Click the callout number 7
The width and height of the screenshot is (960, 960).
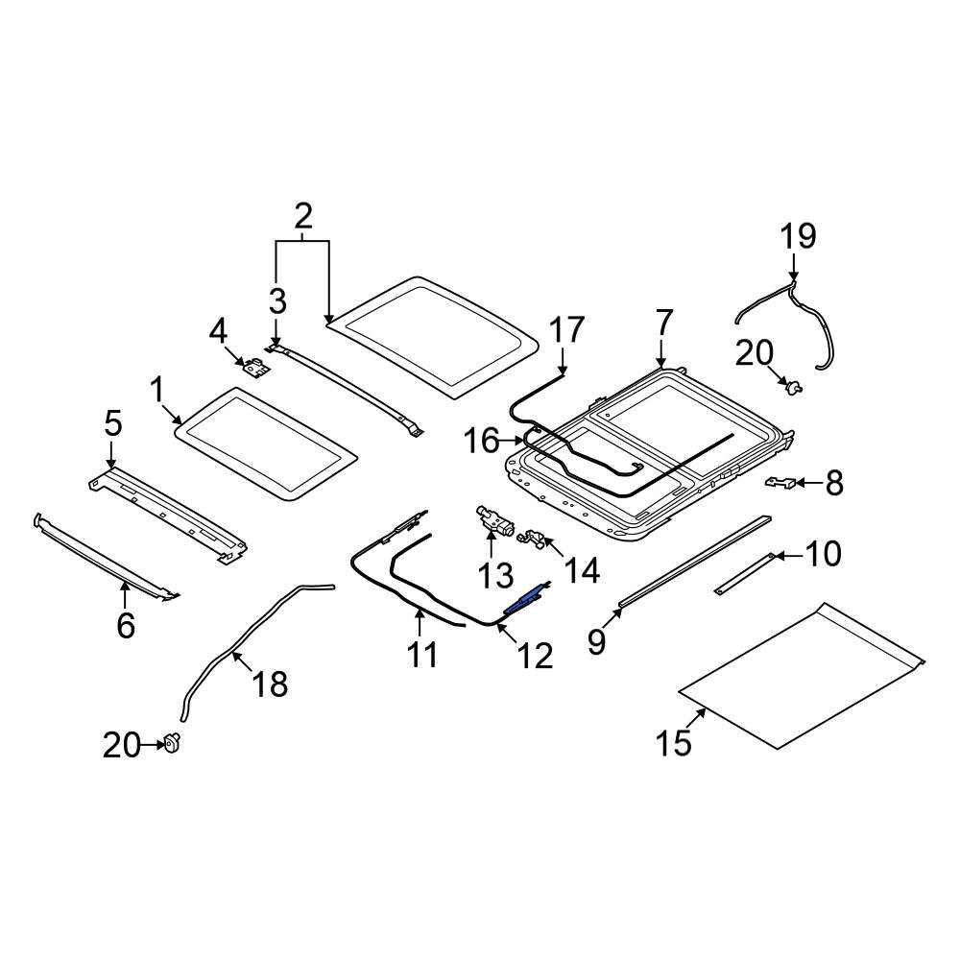pyautogui.click(x=664, y=324)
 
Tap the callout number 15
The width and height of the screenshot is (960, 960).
pyautogui.click(x=674, y=743)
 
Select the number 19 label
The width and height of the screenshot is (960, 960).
pyautogui.click(x=798, y=236)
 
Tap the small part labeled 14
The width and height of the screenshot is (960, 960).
pyautogui.click(x=531, y=539)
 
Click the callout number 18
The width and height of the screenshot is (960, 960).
pyautogui.click(x=270, y=684)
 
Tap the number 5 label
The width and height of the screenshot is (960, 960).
pyautogui.click(x=113, y=423)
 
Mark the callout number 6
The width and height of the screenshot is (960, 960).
pyautogui.click(x=126, y=625)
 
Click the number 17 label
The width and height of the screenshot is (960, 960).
pyautogui.click(x=566, y=330)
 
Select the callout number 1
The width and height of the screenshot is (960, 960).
pyautogui.click(x=157, y=391)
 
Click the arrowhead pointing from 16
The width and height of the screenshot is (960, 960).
pyautogui.click(x=520, y=440)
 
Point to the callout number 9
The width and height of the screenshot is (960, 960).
pyautogui.click(x=596, y=641)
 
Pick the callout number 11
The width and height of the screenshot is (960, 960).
pyautogui.click(x=422, y=654)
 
